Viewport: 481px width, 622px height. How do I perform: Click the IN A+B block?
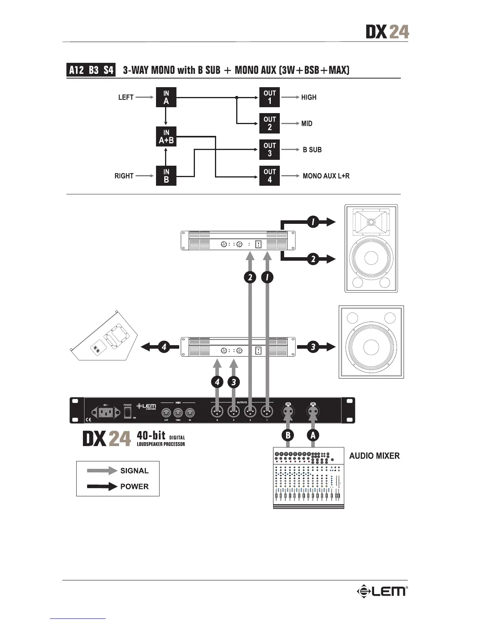(166, 136)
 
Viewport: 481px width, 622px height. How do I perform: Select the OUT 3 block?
(270, 150)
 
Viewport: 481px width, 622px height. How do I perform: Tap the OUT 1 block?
(270, 97)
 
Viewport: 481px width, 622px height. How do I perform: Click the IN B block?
(166, 176)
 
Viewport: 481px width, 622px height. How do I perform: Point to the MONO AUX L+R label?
(326, 176)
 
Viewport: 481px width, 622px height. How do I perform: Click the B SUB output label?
(312, 150)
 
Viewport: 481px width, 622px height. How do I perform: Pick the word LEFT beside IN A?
(126, 97)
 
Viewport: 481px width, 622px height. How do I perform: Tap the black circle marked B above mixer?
(288, 435)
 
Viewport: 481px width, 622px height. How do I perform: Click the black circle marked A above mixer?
(313, 435)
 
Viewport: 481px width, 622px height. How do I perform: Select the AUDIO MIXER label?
(375, 456)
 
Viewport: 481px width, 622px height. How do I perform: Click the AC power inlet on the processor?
(106, 412)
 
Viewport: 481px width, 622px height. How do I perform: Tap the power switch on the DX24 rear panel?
(128, 412)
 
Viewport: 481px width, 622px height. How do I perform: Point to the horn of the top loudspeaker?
(371, 222)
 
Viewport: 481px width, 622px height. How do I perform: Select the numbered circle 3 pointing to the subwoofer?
(313, 347)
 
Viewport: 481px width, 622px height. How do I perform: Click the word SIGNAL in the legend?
(134, 471)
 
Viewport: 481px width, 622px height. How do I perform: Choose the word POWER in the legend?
(134, 487)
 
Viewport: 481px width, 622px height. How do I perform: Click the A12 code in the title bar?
(77, 70)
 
